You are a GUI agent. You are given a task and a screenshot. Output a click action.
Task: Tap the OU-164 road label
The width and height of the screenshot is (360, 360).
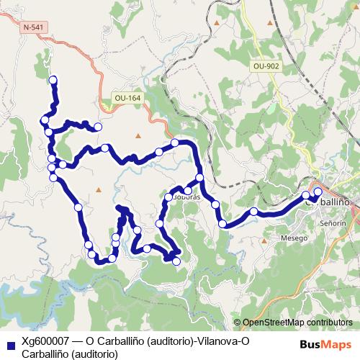pyautogui.click(x=127, y=98)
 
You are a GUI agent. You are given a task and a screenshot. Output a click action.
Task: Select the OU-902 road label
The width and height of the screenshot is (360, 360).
pyautogui.click(x=266, y=66)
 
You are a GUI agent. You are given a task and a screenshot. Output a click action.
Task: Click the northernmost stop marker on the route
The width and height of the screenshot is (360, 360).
pyautogui.click(x=52, y=80)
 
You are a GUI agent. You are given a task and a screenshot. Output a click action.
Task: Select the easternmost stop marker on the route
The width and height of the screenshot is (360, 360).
pyautogui.click(x=318, y=192)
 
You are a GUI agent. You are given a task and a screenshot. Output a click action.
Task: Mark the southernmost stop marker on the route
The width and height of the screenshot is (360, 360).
pyautogui.click(x=176, y=261)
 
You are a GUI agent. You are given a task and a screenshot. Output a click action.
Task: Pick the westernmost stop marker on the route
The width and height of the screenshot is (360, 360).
pyautogui.click(x=45, y=119)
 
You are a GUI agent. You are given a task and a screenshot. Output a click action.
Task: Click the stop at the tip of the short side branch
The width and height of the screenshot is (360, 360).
pyautogui.click(x=98, y=127)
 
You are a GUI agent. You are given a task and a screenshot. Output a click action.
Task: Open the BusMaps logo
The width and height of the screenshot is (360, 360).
pyautogui.click(x=324, y=343)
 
